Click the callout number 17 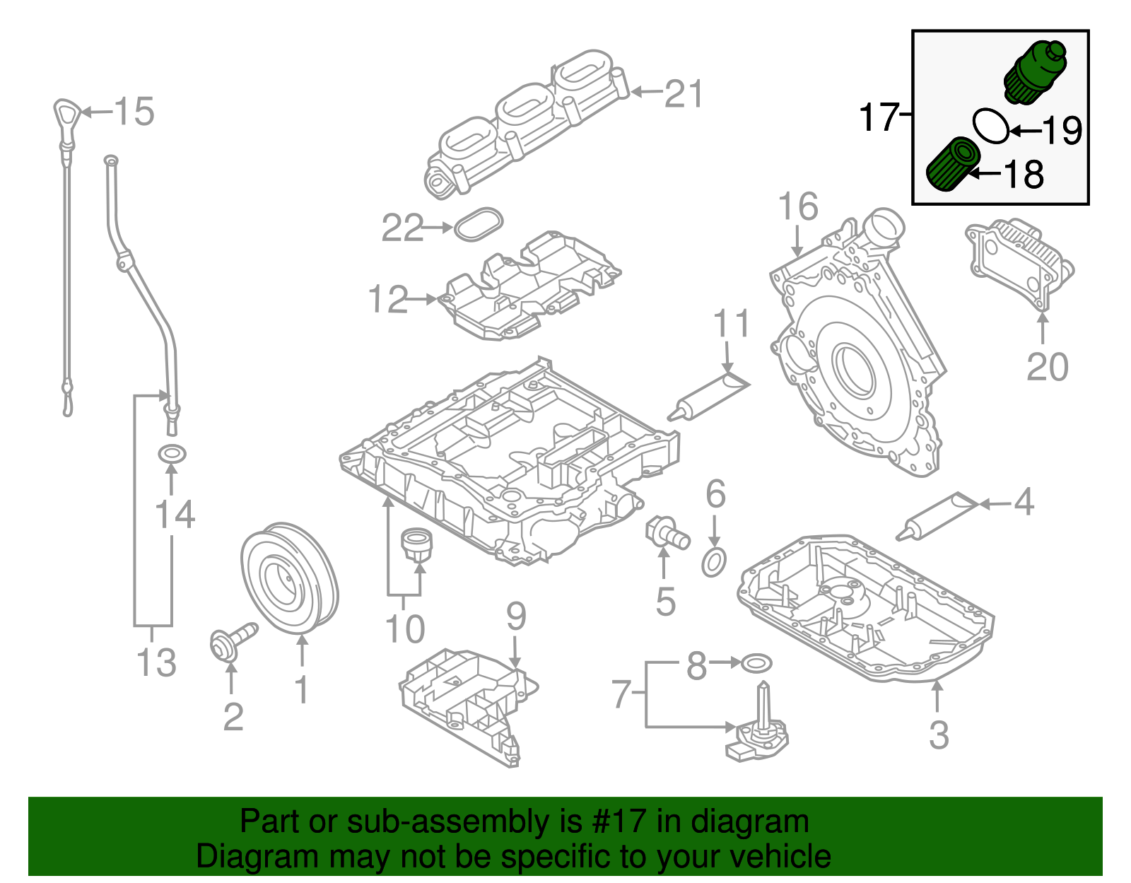click(x=878, y=117)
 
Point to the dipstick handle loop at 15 click(x=66, y=114)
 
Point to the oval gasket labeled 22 click(x=479, y=223)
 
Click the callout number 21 click(x=684, y=93)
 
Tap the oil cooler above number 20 click(x=1018, y=262)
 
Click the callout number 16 click(x=797, y=206)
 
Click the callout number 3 click(x=938, y=735)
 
